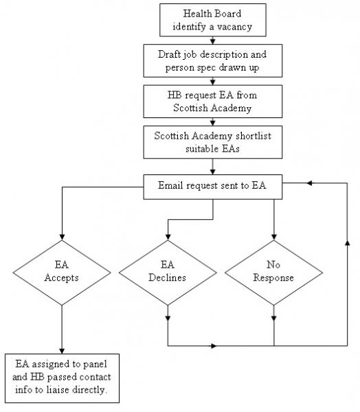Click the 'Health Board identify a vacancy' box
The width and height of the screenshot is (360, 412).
[x=213, y=20]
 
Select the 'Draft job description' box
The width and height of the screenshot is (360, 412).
[x=213, y=60]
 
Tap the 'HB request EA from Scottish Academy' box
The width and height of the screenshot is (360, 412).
[x=213, y=102]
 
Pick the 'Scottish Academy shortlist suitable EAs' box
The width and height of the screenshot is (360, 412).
[x=213, y=142]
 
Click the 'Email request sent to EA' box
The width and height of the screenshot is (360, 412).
[x=213, y=187]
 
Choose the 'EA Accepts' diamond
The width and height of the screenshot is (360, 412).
[x=62, y=273]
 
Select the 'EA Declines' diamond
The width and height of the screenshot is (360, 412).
[x=168, y=273]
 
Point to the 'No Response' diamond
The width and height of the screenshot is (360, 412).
[x=273, y=273]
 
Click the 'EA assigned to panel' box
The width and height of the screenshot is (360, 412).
[x=62, y=378]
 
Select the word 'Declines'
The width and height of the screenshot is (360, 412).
[x=167, y=277]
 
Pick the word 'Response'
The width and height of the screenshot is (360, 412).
[x=273, y=277]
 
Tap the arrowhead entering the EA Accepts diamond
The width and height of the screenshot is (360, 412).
[x=62, y=237]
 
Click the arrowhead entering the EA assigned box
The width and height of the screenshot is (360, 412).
[x=62, y=351]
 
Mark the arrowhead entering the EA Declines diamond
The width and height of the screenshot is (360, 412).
[x=168, y=237]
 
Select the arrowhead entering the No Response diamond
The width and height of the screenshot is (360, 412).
[x=273, y=237]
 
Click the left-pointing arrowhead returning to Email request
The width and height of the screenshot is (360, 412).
[x=310, y=183]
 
